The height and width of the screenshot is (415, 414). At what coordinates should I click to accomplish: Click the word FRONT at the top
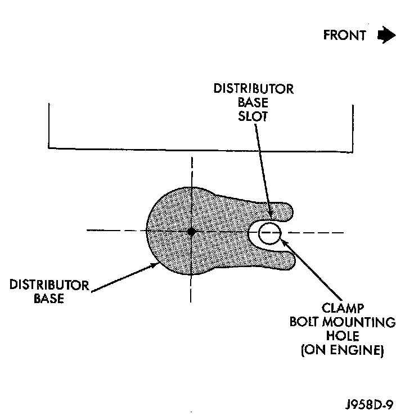click(344, 35)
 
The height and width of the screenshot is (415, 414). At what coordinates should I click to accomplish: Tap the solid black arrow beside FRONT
click(386, 35)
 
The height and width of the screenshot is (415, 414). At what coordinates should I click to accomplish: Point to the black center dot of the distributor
click(192, 231)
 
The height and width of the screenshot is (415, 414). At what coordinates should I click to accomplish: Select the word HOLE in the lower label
click(342, 337)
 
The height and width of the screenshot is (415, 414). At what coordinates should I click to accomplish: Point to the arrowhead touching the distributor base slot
click(270, 216)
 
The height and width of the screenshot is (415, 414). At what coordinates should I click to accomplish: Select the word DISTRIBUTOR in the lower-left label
click(49, 285)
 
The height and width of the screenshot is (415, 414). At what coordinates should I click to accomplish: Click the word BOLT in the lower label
click(304, 323)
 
